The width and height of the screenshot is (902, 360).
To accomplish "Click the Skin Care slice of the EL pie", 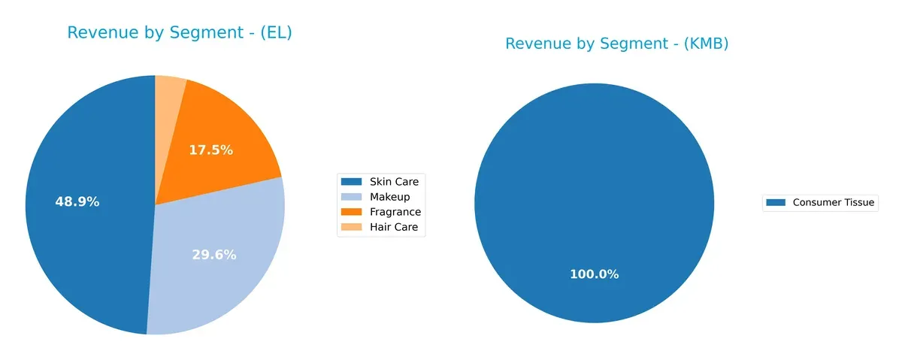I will click(83, 225).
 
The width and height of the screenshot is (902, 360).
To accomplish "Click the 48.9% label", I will click(77, 201).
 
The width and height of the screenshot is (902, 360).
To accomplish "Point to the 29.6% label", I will click(214, 255).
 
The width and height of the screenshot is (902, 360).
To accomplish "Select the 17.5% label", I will click(210, 150).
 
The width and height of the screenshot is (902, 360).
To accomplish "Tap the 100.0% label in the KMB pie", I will click(594, 274).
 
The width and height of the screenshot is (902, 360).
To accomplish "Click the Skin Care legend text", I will click(394, 182).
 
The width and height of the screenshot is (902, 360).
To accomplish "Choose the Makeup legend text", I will click(389, 197).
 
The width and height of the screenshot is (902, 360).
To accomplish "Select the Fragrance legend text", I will click(395, 212).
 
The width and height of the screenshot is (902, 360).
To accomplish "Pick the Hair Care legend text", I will click(393, 227).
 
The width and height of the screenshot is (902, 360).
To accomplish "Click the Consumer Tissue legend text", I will click(833, 202).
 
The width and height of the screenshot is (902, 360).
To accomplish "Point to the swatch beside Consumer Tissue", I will click(776, 202).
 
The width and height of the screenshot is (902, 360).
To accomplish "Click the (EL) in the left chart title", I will click(274, 33).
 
